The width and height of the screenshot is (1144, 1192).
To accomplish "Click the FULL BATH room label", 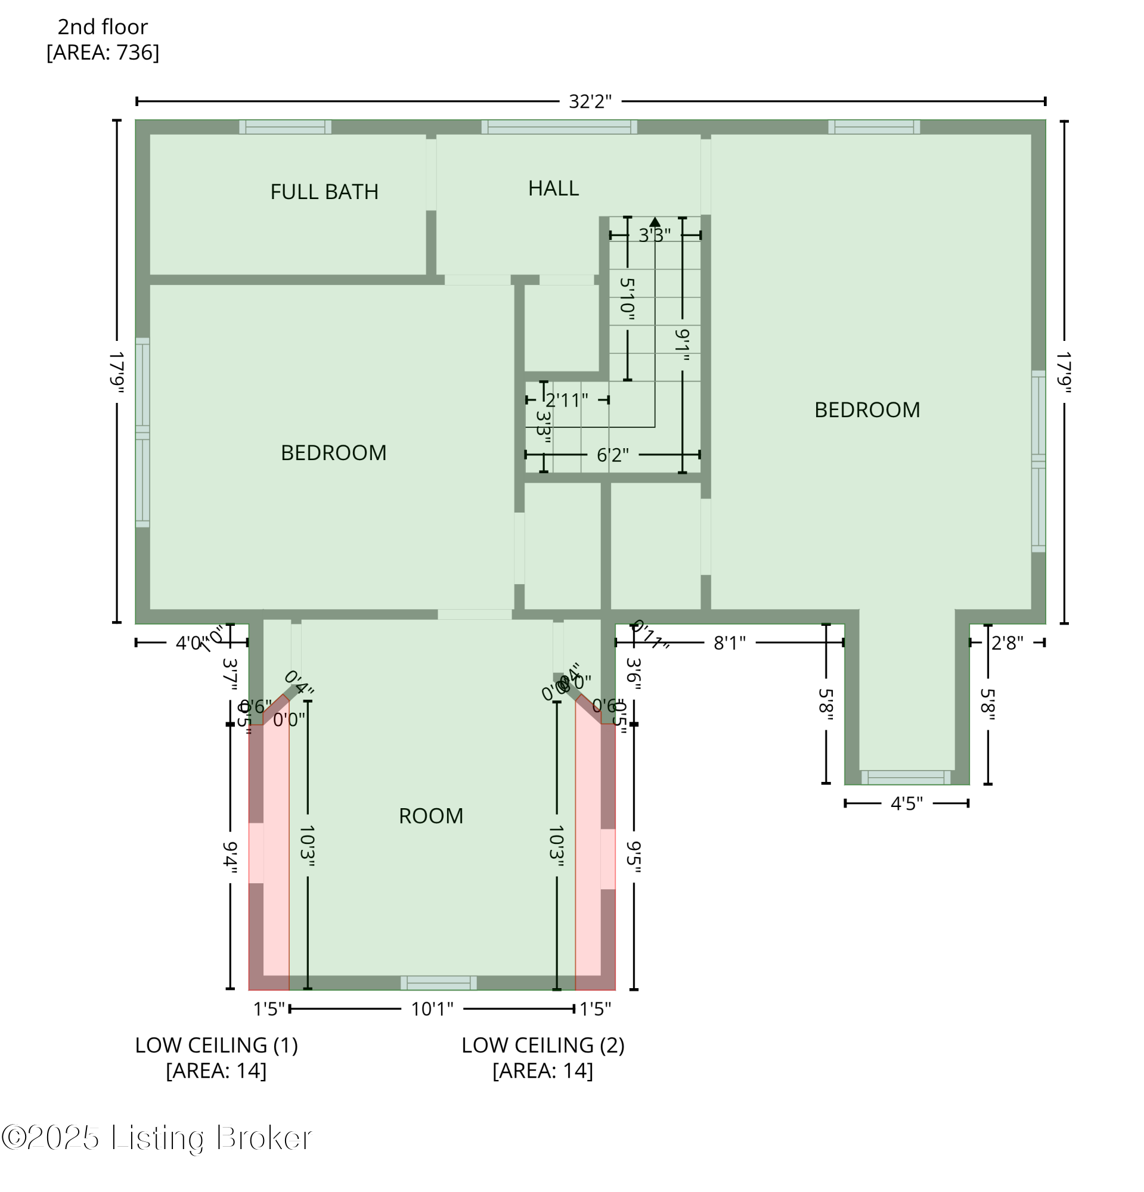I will click(x=324, y=191).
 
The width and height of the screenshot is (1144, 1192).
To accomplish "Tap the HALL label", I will click(x=552, y=188).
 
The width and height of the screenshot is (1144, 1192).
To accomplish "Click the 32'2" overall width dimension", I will click(x=590, y=101).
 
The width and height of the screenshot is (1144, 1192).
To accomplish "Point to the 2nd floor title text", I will click(x=102, y=27).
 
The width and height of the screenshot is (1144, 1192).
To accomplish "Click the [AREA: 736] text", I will click(x=102, y=52).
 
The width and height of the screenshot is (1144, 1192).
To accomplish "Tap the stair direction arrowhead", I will click(x=654, y=222).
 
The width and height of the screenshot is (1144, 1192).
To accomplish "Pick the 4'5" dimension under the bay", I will click(x=906, y=803).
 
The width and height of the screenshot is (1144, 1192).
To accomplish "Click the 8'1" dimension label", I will click(x=728, y=642).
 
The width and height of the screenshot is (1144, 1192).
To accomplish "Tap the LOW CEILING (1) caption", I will click(x=216, y=1045).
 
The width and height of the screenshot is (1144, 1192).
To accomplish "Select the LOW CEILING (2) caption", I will click(x=542, y=1045).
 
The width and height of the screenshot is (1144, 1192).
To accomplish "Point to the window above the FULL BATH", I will click(x=284, y=126).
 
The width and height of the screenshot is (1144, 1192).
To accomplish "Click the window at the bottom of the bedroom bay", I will click(x=904, y=777).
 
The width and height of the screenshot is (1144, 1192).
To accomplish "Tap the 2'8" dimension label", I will click(x=1006, y=642).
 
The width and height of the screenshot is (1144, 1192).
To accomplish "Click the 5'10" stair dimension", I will click(x=627, y=299).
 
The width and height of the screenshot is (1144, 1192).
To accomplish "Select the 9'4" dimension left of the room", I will click(x=230, y=858).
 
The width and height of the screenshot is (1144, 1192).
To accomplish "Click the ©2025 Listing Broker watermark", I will click(x=157, y=1138).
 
